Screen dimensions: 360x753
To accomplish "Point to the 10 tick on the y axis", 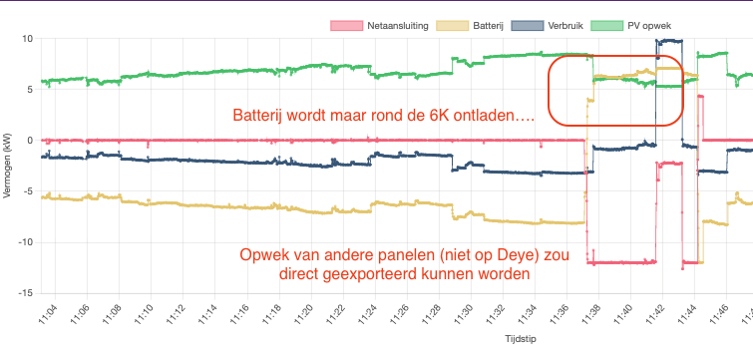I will [x=27, y=38].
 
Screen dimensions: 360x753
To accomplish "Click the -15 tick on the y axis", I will [x=26, y=293].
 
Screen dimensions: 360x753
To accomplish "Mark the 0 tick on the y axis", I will [x=31, y=140].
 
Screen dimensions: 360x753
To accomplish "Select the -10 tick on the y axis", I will [x=26, y=242].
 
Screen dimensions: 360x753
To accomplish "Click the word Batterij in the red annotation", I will [x=261, y=116].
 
